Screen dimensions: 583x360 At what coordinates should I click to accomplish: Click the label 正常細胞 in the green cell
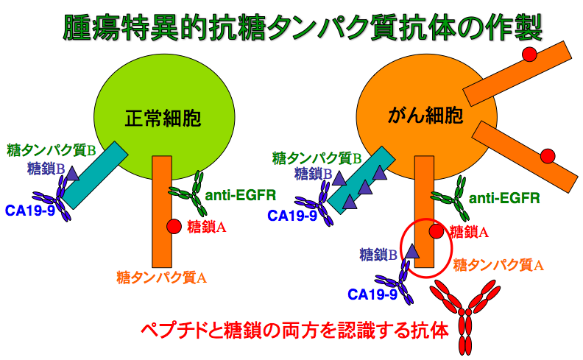pos(163,118)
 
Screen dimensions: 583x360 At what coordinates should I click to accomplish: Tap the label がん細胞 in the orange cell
pos(425,115)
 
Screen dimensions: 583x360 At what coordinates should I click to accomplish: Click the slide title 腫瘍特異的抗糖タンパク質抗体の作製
pos(303,27)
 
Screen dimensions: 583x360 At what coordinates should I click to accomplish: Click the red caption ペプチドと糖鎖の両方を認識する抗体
pos(294,331)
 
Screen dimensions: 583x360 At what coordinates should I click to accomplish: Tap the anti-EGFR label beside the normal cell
pos(241,195)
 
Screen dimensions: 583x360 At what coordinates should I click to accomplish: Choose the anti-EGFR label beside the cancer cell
pos(504,198)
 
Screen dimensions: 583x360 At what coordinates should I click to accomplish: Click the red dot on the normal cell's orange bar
pos(174,226)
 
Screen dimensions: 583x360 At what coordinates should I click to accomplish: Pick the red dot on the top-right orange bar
pos(529,54)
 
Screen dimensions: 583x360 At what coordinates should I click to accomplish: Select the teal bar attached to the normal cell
pos(95,174)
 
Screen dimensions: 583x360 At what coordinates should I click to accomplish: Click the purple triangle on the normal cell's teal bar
pos(71,174)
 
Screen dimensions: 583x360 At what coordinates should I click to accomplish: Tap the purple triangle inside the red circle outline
pos(411,251)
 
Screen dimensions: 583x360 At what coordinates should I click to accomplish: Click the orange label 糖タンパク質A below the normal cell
pos(162,278)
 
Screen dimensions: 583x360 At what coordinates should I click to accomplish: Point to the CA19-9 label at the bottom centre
pos(372,294)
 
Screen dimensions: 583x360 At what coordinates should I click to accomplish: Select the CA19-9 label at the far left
pos(29,211)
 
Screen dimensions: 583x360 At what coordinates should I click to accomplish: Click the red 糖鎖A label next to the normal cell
pos(207,227)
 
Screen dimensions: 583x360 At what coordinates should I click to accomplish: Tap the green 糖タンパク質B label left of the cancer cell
pos(317,158)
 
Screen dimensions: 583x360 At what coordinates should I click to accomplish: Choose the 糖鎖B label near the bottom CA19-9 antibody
pos(378,255)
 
